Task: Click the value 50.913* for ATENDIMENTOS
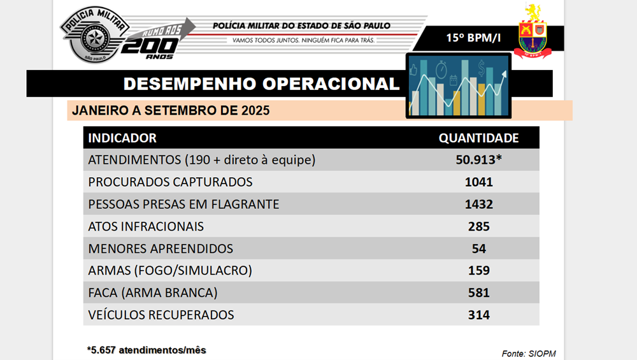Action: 478,160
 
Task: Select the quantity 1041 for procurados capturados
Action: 478,182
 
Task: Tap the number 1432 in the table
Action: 478,205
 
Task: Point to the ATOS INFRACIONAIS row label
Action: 146,226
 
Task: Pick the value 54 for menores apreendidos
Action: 478,248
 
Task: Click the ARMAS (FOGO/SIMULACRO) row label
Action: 170,270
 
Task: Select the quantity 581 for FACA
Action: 478,292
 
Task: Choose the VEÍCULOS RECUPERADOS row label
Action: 161,315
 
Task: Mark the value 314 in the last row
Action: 478,315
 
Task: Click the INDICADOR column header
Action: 122,138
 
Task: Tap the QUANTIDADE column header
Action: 478,138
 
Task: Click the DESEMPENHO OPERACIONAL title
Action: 261,84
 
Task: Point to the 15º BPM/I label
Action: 473,38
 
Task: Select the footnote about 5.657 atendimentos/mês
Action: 147,350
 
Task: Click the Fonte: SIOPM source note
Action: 524,354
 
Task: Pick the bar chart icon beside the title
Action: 457,86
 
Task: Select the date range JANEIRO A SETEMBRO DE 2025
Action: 171,110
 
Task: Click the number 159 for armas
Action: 478,270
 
